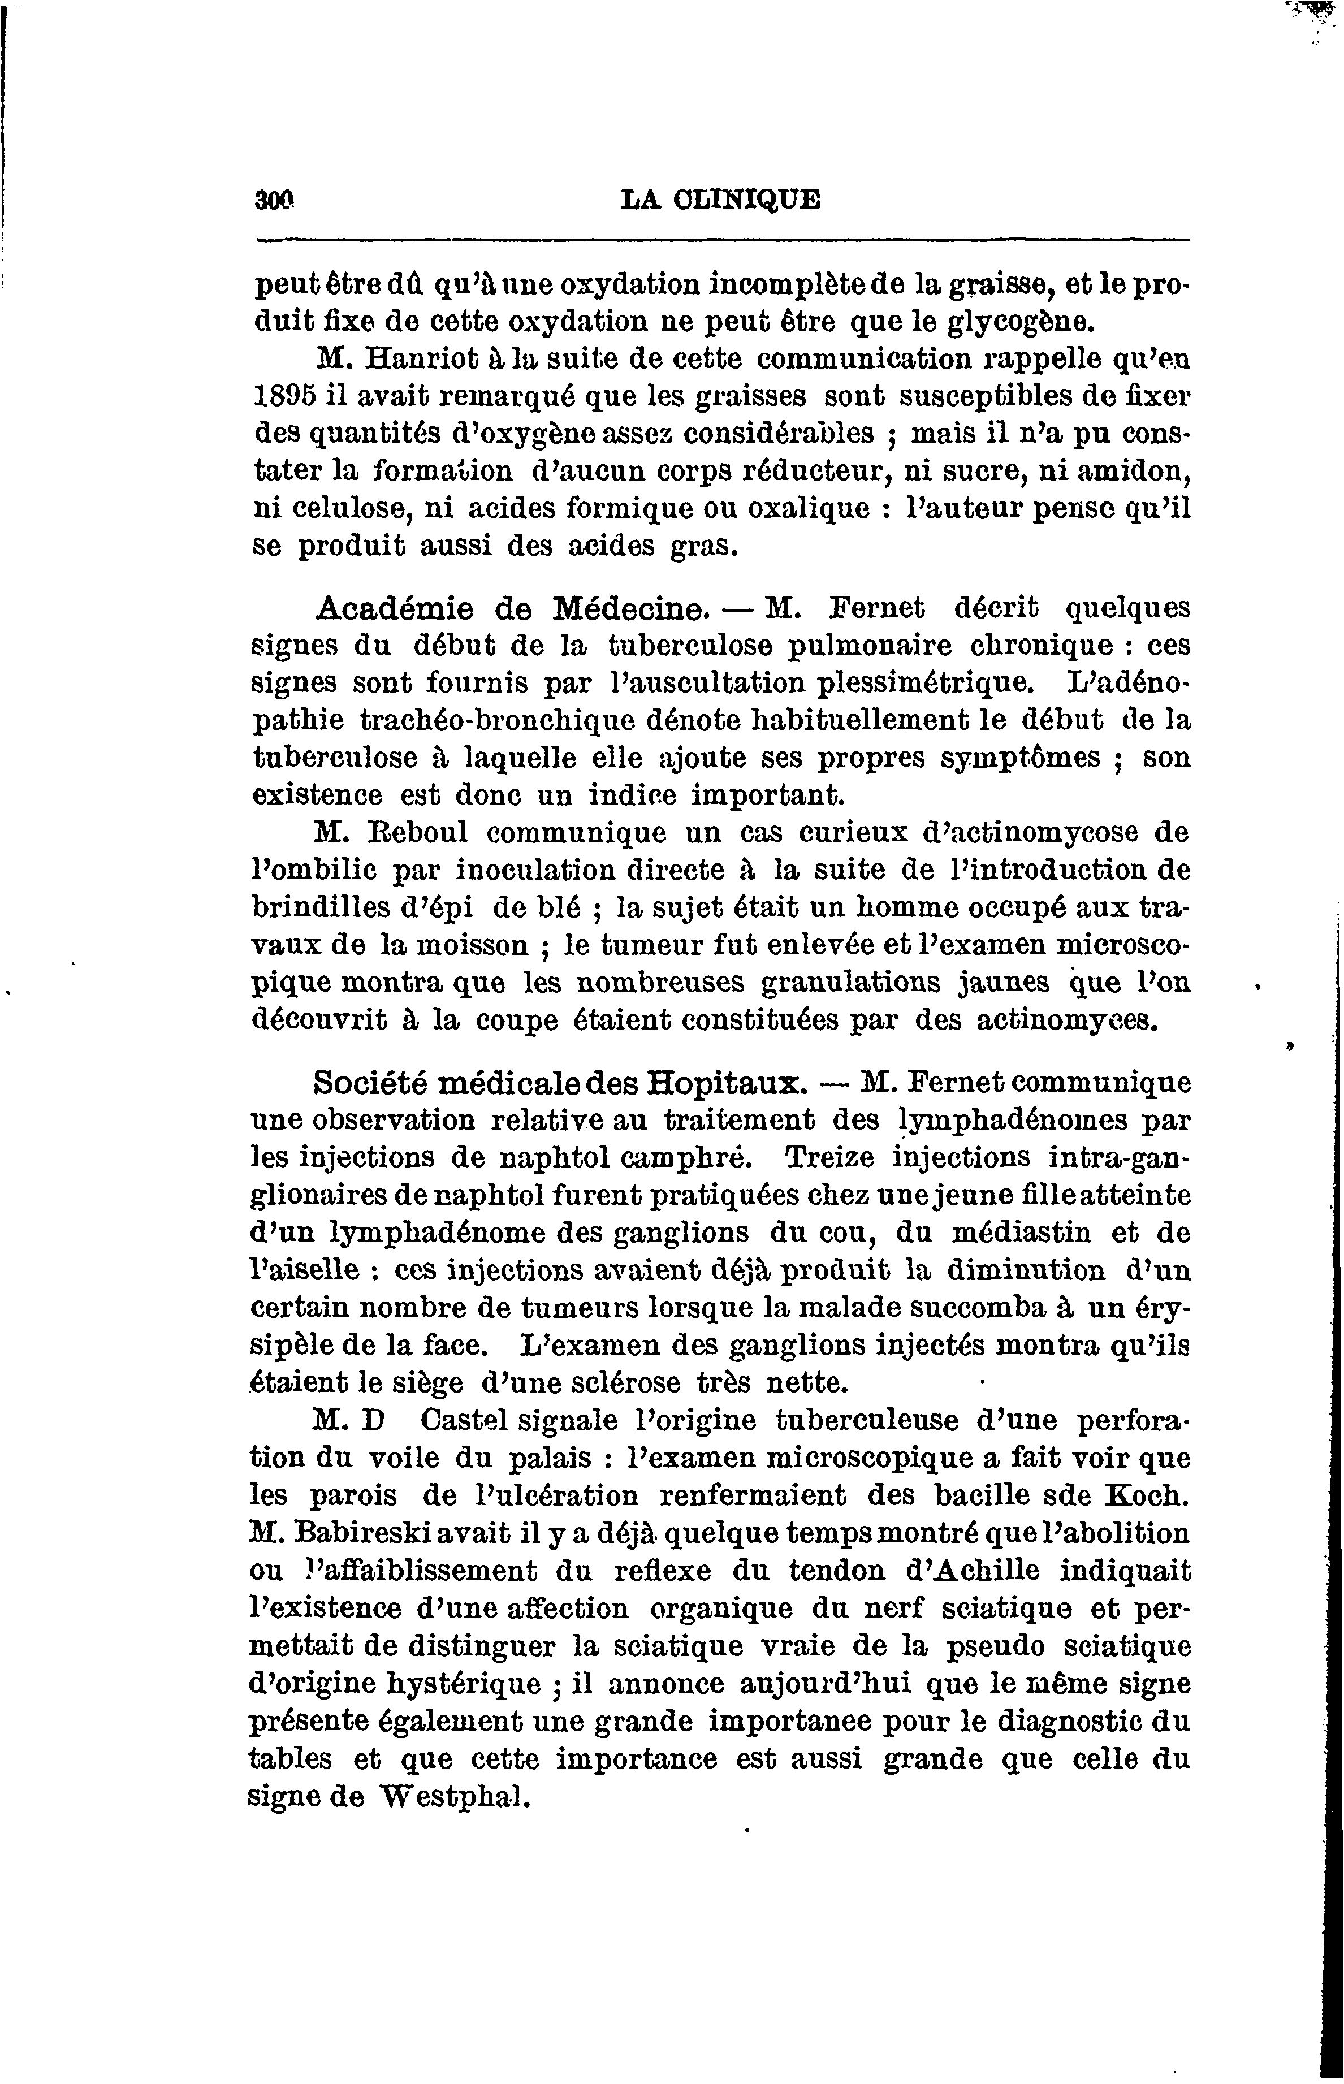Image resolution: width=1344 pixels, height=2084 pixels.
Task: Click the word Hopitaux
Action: coord(724,1083)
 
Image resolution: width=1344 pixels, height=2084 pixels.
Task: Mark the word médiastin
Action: coord(1026,1233)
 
